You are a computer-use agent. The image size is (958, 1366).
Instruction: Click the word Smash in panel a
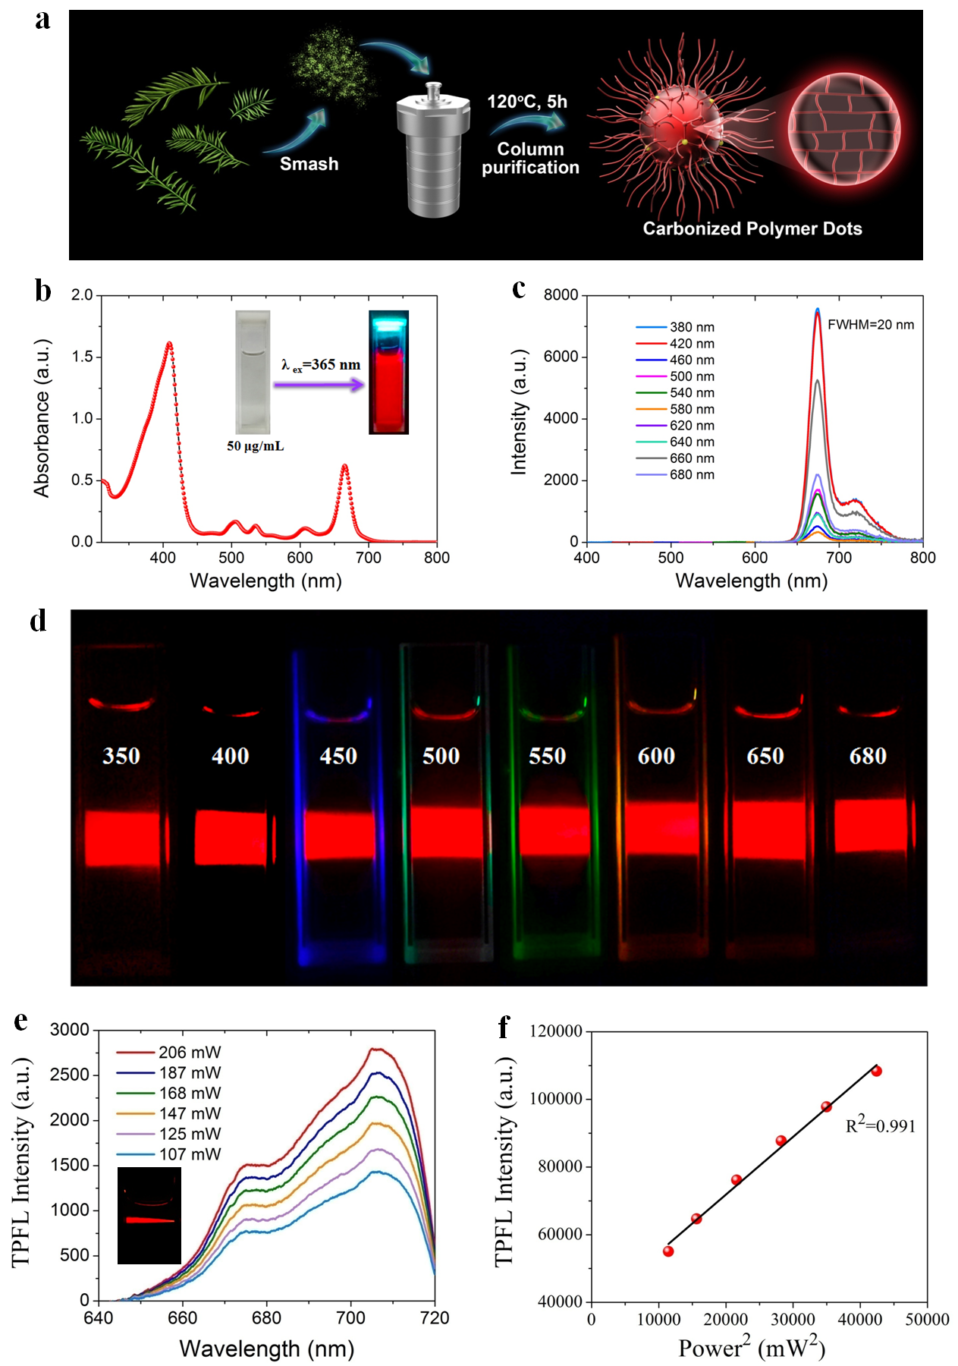click(x=309, y=164)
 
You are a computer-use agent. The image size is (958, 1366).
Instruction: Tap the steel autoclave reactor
click(x=433, y=152)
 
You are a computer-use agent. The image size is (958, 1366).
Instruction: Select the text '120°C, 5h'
click(x=527, y=102)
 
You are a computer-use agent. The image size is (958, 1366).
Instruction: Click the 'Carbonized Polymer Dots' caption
click(x=752, y=228)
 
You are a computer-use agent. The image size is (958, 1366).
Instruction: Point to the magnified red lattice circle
click(x=843, y=129)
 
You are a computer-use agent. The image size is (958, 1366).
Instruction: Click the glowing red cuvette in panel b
click(x=388, y=373)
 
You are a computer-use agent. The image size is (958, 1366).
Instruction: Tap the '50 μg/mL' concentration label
click(x=256, y=446)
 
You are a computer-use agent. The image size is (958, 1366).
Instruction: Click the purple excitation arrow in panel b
click(x=319, y=385)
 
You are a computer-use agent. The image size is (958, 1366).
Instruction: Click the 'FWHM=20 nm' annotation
click(x=870, y=325)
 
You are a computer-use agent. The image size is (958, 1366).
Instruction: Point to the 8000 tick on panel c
click(x=561, y=295)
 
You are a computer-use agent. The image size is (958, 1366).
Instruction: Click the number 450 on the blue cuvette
click(x=338, y=756)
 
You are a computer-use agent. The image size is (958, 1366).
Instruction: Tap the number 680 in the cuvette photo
click(x=868, y=756)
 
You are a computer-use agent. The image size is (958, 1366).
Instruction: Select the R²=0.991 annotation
click(x=880, y=1125)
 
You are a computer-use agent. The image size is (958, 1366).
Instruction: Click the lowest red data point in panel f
click(x=668, y=1251)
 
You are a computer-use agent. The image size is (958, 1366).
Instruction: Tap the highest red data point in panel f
click(x=876, y=1072)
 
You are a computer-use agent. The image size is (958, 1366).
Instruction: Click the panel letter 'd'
click(x=38, y=621)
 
